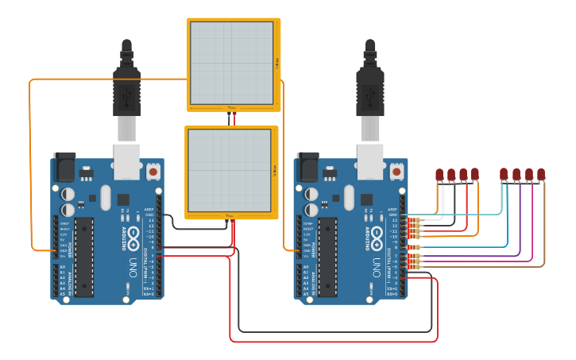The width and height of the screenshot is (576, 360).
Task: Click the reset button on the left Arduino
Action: click(x=153, y=171)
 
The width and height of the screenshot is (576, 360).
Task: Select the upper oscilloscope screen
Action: click(x=232, y=64)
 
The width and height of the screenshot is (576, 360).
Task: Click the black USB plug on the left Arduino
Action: click(x=126, y=87)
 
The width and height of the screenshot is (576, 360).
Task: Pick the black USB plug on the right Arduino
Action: click(x=369, y=87)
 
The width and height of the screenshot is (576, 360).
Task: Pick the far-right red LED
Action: click(x=541, y=174)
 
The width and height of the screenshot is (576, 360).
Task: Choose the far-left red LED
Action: click(x=440, y=174)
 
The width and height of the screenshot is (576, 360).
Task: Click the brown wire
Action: click(x=493, y=266)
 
